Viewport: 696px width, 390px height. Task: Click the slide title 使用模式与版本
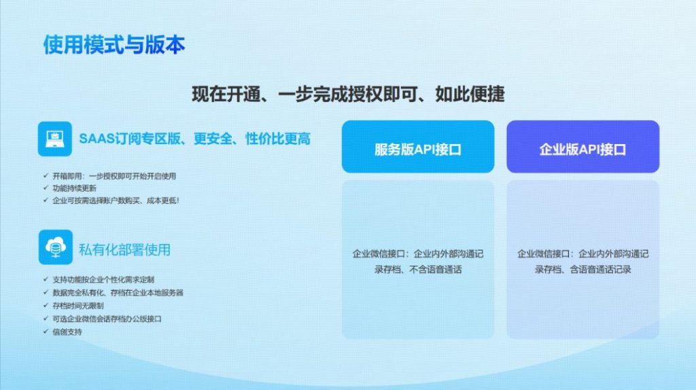[114, 45]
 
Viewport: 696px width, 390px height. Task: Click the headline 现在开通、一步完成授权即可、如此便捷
[348, 94]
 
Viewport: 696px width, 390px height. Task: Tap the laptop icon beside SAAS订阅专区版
[55, 138]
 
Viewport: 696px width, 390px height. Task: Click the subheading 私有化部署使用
[124, 249]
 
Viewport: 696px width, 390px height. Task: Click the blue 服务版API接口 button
[417, 147]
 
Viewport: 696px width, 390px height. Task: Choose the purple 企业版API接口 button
[582, 147]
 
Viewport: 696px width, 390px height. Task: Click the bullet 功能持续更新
[74, 188]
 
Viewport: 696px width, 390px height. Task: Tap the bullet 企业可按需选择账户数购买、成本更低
[116, 200]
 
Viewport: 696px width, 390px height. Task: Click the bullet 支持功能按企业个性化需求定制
[103, 279]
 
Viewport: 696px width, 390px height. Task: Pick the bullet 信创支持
[67, 332]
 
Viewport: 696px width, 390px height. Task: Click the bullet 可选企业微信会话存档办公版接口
[107, 319]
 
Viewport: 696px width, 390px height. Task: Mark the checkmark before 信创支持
[45, 332]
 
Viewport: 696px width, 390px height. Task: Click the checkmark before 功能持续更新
[45, 188]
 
